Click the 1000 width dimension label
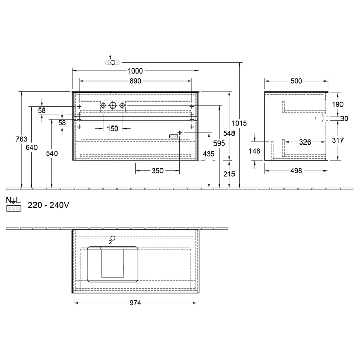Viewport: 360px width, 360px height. click(x=135, y=70)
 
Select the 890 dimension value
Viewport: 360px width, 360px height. click(x=135, y=81)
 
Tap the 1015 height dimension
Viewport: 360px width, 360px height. click(x=240, y=123)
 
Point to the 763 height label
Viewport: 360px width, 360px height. click(x=22, y=139)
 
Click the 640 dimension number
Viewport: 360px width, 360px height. click(x=32, y=147)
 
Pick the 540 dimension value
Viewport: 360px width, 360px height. click(x=52, y=153)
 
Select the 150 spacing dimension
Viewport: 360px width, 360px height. click(x=112, y=128)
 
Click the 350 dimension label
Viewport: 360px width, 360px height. click(x=157, y=171)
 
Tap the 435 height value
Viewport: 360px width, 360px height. click(x=208, y=154)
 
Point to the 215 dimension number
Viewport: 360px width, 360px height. click(x=229, y=174)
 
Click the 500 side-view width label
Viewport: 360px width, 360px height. click(x=296, y=81)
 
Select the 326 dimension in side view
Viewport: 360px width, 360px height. click(x=304, y=142)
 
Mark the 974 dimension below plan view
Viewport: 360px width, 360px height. click(x=135, y=303)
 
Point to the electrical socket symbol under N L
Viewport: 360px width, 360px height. click(x=12, y=209)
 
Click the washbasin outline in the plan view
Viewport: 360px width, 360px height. click(x=112, y=264)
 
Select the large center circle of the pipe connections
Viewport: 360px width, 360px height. click(x=113, y=105)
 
